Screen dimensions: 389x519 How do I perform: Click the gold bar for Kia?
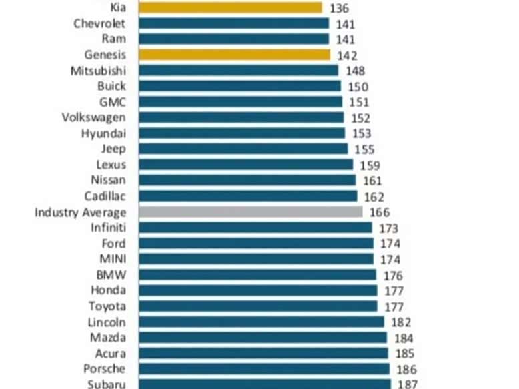[x=231, y=8]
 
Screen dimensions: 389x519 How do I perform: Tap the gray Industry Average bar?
[x=251, y=212]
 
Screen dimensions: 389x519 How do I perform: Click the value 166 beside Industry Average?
[x=379, y=213]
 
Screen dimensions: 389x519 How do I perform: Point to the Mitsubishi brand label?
[x=99, y=71]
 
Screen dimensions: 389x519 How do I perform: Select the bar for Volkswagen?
[x=241, y=117]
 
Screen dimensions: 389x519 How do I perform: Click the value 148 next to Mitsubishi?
[x=355, y=71]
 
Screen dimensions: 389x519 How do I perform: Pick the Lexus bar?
[x=246, y=164]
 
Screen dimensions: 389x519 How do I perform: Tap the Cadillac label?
[x=105, y=196]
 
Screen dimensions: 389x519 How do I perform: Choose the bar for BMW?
[x=257, y=274]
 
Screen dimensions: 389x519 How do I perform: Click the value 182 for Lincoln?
[x=401, y=322]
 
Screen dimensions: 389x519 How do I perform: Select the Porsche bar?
[x=264, y=368]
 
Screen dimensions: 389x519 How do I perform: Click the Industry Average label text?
[x=81, y=212]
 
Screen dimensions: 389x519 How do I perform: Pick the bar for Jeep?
[x=243, y=149]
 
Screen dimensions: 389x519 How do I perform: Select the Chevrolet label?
[x=99, y=23]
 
